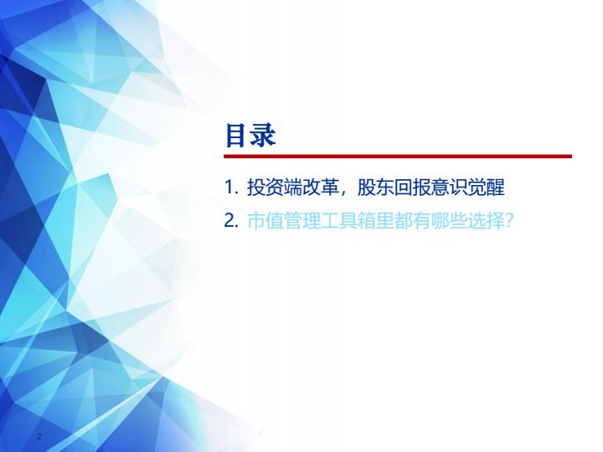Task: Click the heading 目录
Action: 250,136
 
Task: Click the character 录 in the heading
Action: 264,136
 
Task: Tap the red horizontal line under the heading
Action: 398,156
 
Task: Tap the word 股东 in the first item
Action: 376,187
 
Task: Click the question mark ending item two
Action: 509,221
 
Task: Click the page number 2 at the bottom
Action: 39,436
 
